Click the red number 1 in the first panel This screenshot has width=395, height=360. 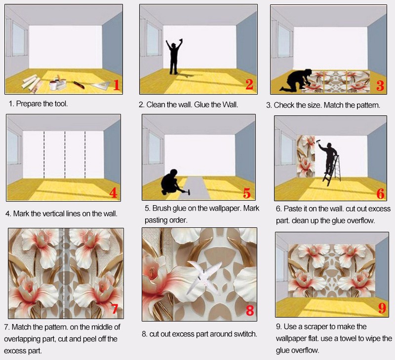pyautogui.click(x=117, y=85)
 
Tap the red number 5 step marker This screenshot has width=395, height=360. pyautogui.click(x=247, y=192)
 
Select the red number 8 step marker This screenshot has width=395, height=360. pyautogui.click(x=250, y=311)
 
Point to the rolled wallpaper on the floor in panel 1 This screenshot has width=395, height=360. pyautogui.click(x=32, y=83)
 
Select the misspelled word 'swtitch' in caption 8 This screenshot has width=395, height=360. pyautogui.click(x=243, y=334)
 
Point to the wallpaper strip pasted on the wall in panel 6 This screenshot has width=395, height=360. pyautogui.click(x=305, y=156)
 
